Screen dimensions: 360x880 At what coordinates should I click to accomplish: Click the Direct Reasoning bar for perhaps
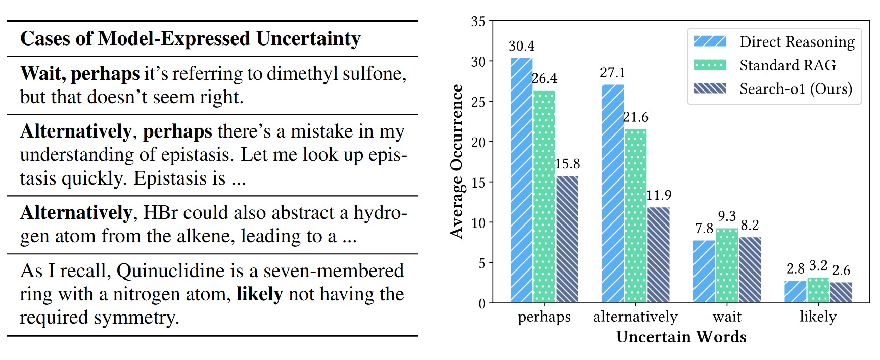pos(521,181)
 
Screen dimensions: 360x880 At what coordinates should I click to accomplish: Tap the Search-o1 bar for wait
pos(750,270)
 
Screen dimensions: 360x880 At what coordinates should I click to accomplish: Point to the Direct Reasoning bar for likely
pos(795,292)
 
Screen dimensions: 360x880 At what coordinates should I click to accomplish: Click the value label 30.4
pos(521,46)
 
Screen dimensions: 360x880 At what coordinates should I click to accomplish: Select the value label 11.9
pos(659,195)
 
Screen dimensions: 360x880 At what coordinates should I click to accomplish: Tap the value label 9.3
pos(727,216)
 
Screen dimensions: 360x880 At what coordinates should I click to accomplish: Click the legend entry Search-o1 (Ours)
pos(796,89)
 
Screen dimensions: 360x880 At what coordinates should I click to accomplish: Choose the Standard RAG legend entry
pos(788,65)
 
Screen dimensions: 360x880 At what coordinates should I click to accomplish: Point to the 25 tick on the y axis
pos(478,102)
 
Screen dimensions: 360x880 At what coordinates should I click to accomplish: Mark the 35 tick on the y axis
pos(478,22)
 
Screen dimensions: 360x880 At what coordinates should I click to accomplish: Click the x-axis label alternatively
pos(635,317)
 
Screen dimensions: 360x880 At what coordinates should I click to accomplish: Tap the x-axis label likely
pos(818,317)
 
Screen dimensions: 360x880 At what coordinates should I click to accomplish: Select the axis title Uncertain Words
pos(681,337)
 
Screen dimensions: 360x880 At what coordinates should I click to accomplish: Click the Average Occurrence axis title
pos(457,161)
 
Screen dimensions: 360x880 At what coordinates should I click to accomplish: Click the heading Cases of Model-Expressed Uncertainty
pos(190,39)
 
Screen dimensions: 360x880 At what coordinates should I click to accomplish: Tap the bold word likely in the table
pos(259,294)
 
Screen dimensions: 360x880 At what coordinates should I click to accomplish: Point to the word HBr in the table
pos(160,213)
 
